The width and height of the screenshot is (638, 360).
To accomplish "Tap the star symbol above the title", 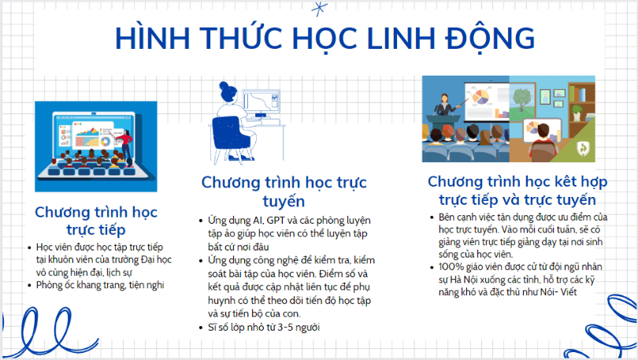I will (x=317, y=9).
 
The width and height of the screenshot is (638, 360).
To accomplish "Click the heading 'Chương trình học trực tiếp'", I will (x=96, y=221).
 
